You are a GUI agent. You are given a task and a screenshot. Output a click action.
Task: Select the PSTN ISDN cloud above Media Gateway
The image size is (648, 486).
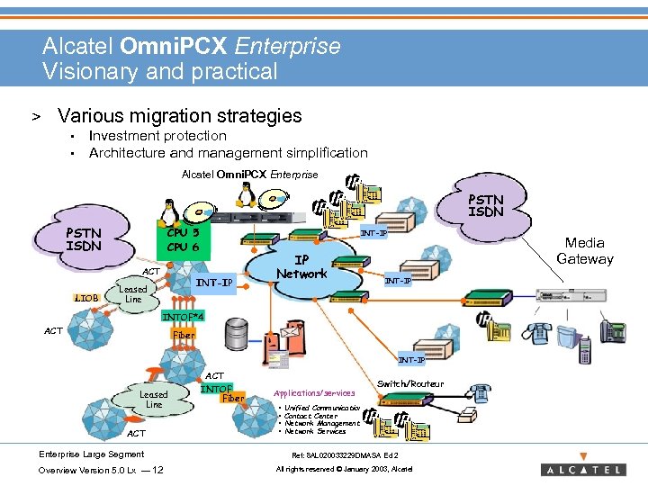[x=486, y=205]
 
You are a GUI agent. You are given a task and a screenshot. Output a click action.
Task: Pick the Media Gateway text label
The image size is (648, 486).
[x=584, y=250]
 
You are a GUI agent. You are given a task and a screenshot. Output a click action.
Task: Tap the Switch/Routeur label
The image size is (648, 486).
[x=409, y=383]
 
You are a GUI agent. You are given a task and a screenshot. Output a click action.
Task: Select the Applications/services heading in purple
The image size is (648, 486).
[x=312, y=393]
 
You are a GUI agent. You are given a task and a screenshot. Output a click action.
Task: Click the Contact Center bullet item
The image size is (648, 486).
[x=310, y=416]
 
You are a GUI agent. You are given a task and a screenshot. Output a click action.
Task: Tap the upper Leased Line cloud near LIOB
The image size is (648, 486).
[x=133, y=294]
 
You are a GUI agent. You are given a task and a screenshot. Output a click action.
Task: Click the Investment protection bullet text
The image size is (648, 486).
[x=157, y=136]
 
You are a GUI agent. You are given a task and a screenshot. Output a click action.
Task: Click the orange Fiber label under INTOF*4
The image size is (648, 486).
[x=182, y=335]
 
